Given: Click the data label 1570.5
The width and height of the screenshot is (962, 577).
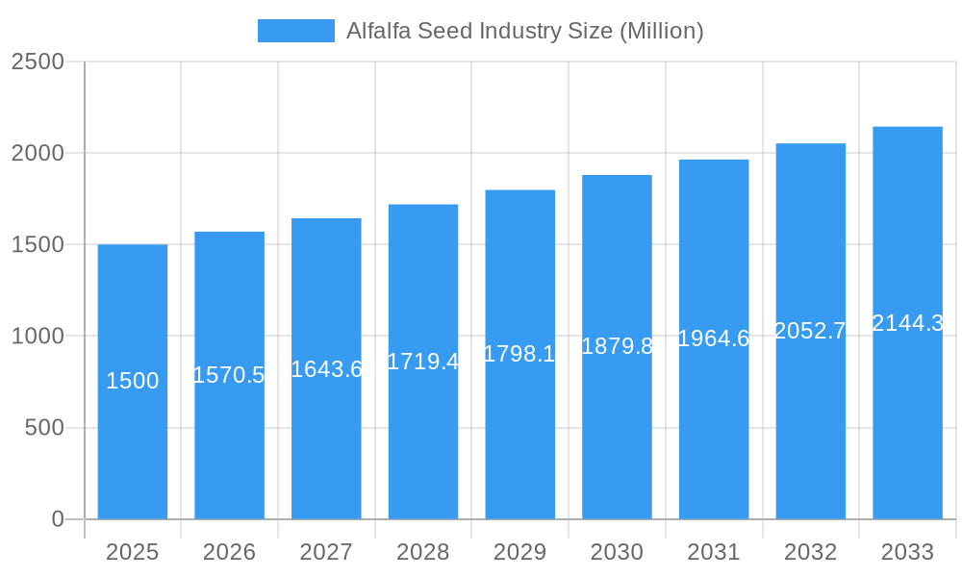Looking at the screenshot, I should pos(229,375).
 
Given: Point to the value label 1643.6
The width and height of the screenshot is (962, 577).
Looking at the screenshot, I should pos(326,369).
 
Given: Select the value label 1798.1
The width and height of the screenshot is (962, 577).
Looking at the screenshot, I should pos(519,354).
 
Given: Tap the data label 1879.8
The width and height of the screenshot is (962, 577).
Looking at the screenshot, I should pos(617,346).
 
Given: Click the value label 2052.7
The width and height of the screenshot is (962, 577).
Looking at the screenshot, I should pos(810,331).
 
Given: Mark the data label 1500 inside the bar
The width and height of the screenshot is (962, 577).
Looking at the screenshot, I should pos(133,381).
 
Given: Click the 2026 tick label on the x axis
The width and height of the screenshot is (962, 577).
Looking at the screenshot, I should pos(229,552).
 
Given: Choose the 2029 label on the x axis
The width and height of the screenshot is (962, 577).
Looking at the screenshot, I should pos(519,552).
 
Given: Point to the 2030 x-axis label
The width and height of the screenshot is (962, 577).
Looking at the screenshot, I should pos(617,552).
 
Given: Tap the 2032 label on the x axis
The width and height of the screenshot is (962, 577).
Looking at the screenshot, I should pos(810,552).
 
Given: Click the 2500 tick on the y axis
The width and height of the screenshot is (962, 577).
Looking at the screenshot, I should pos(38,62).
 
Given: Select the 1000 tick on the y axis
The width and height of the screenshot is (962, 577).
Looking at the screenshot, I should pos(38,337).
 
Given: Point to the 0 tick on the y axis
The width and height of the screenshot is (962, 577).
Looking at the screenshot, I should pos(57,519).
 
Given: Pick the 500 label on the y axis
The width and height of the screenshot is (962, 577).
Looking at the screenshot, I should pos(44,428).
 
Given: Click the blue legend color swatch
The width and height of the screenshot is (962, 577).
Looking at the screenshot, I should pos(296,31).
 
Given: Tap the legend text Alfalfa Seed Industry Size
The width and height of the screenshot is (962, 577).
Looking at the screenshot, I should pos(524,31).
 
